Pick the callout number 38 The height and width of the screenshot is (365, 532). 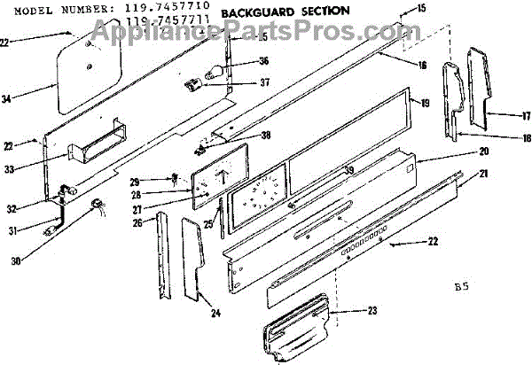coord(264,136)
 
